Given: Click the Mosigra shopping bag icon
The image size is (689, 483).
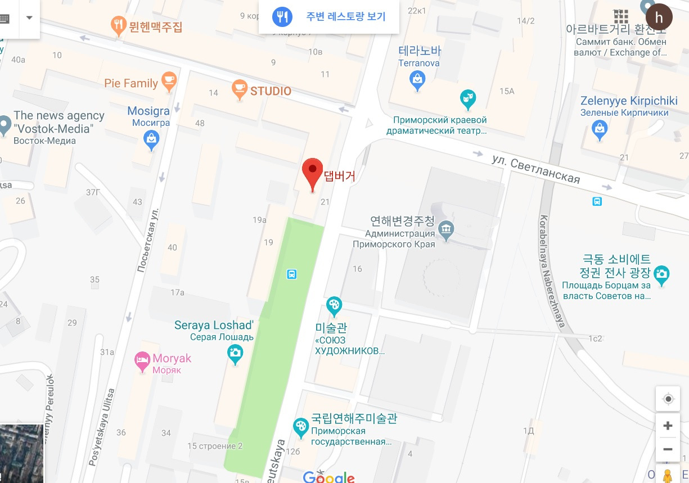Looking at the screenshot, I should (151, 139).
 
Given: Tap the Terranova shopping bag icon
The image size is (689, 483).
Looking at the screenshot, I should (417, 80).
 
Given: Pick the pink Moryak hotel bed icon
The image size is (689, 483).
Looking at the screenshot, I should (142, 360).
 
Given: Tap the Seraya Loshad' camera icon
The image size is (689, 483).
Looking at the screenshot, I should (235, 353).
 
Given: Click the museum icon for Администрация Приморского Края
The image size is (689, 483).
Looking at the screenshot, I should (447, 229).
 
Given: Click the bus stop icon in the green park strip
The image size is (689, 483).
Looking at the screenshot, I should (292, 274).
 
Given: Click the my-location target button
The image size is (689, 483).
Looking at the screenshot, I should (668, 399).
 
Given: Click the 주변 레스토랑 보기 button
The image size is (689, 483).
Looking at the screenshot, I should (329, 16).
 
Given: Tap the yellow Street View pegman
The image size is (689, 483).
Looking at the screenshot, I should (668, 475).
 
